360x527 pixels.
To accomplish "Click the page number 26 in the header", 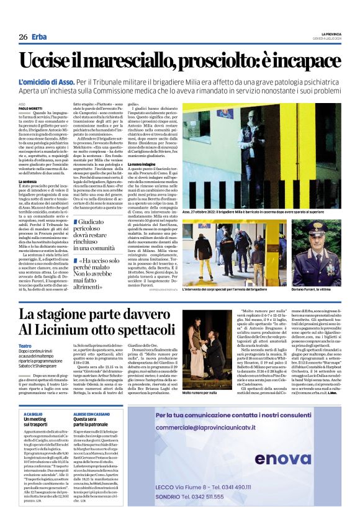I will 23,37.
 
